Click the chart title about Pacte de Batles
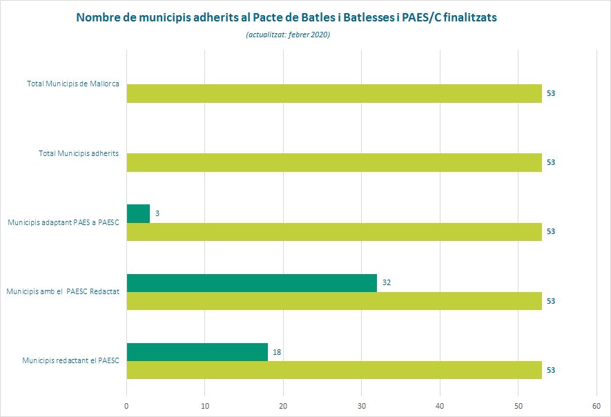286,18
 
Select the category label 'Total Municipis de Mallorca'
73,84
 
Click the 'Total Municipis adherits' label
79,153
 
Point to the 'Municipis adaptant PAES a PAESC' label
63,222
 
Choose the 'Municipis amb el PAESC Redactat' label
63,291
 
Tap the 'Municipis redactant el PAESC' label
71,360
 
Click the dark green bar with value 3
138,213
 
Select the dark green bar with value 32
252,283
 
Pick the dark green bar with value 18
197,352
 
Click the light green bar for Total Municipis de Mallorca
334,93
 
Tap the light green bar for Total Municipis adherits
334,162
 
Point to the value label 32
387,283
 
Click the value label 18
277,352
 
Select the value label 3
157,214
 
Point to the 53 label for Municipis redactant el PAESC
551,370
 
